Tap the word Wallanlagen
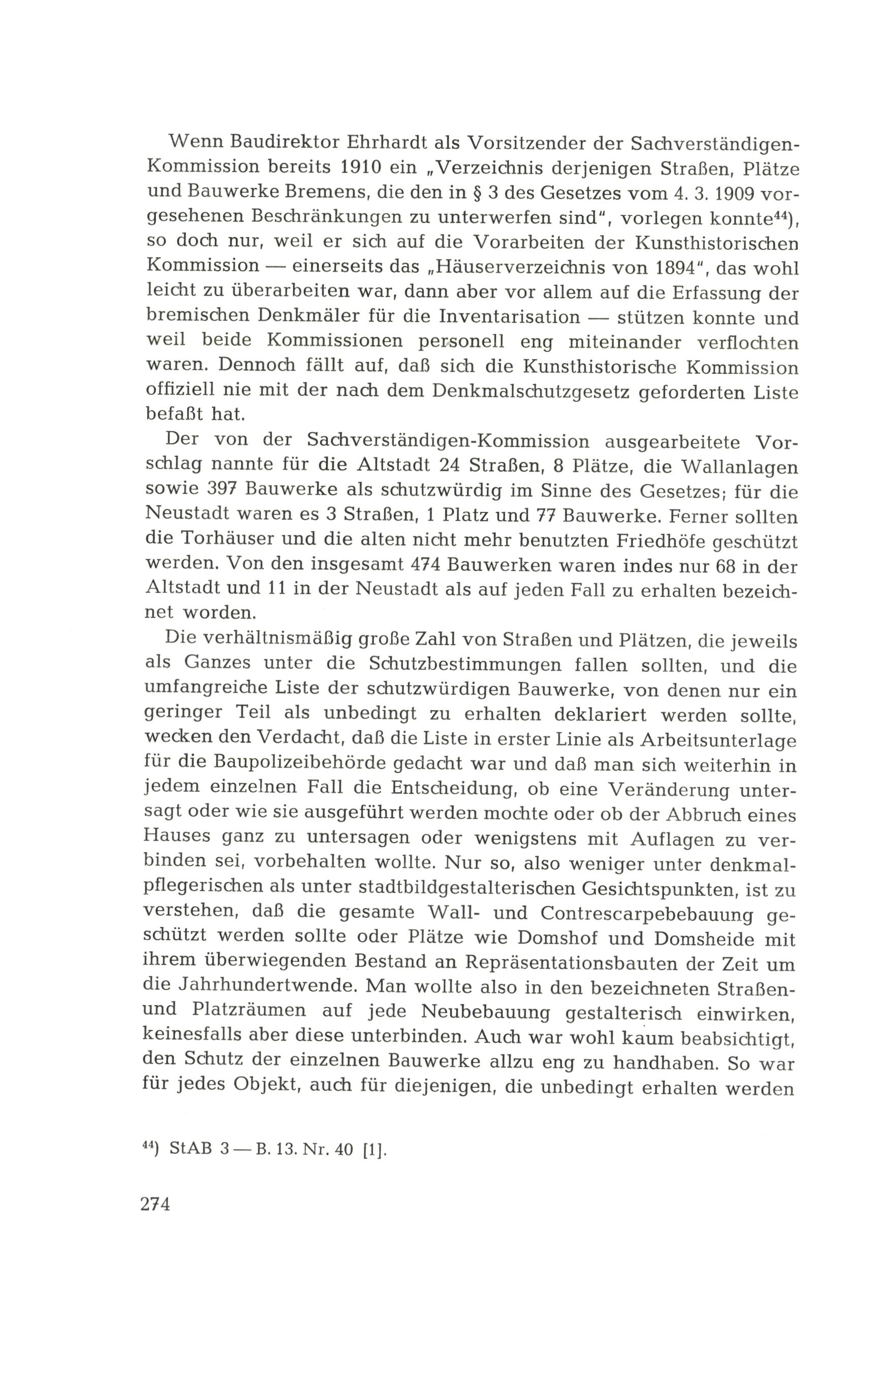739,467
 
